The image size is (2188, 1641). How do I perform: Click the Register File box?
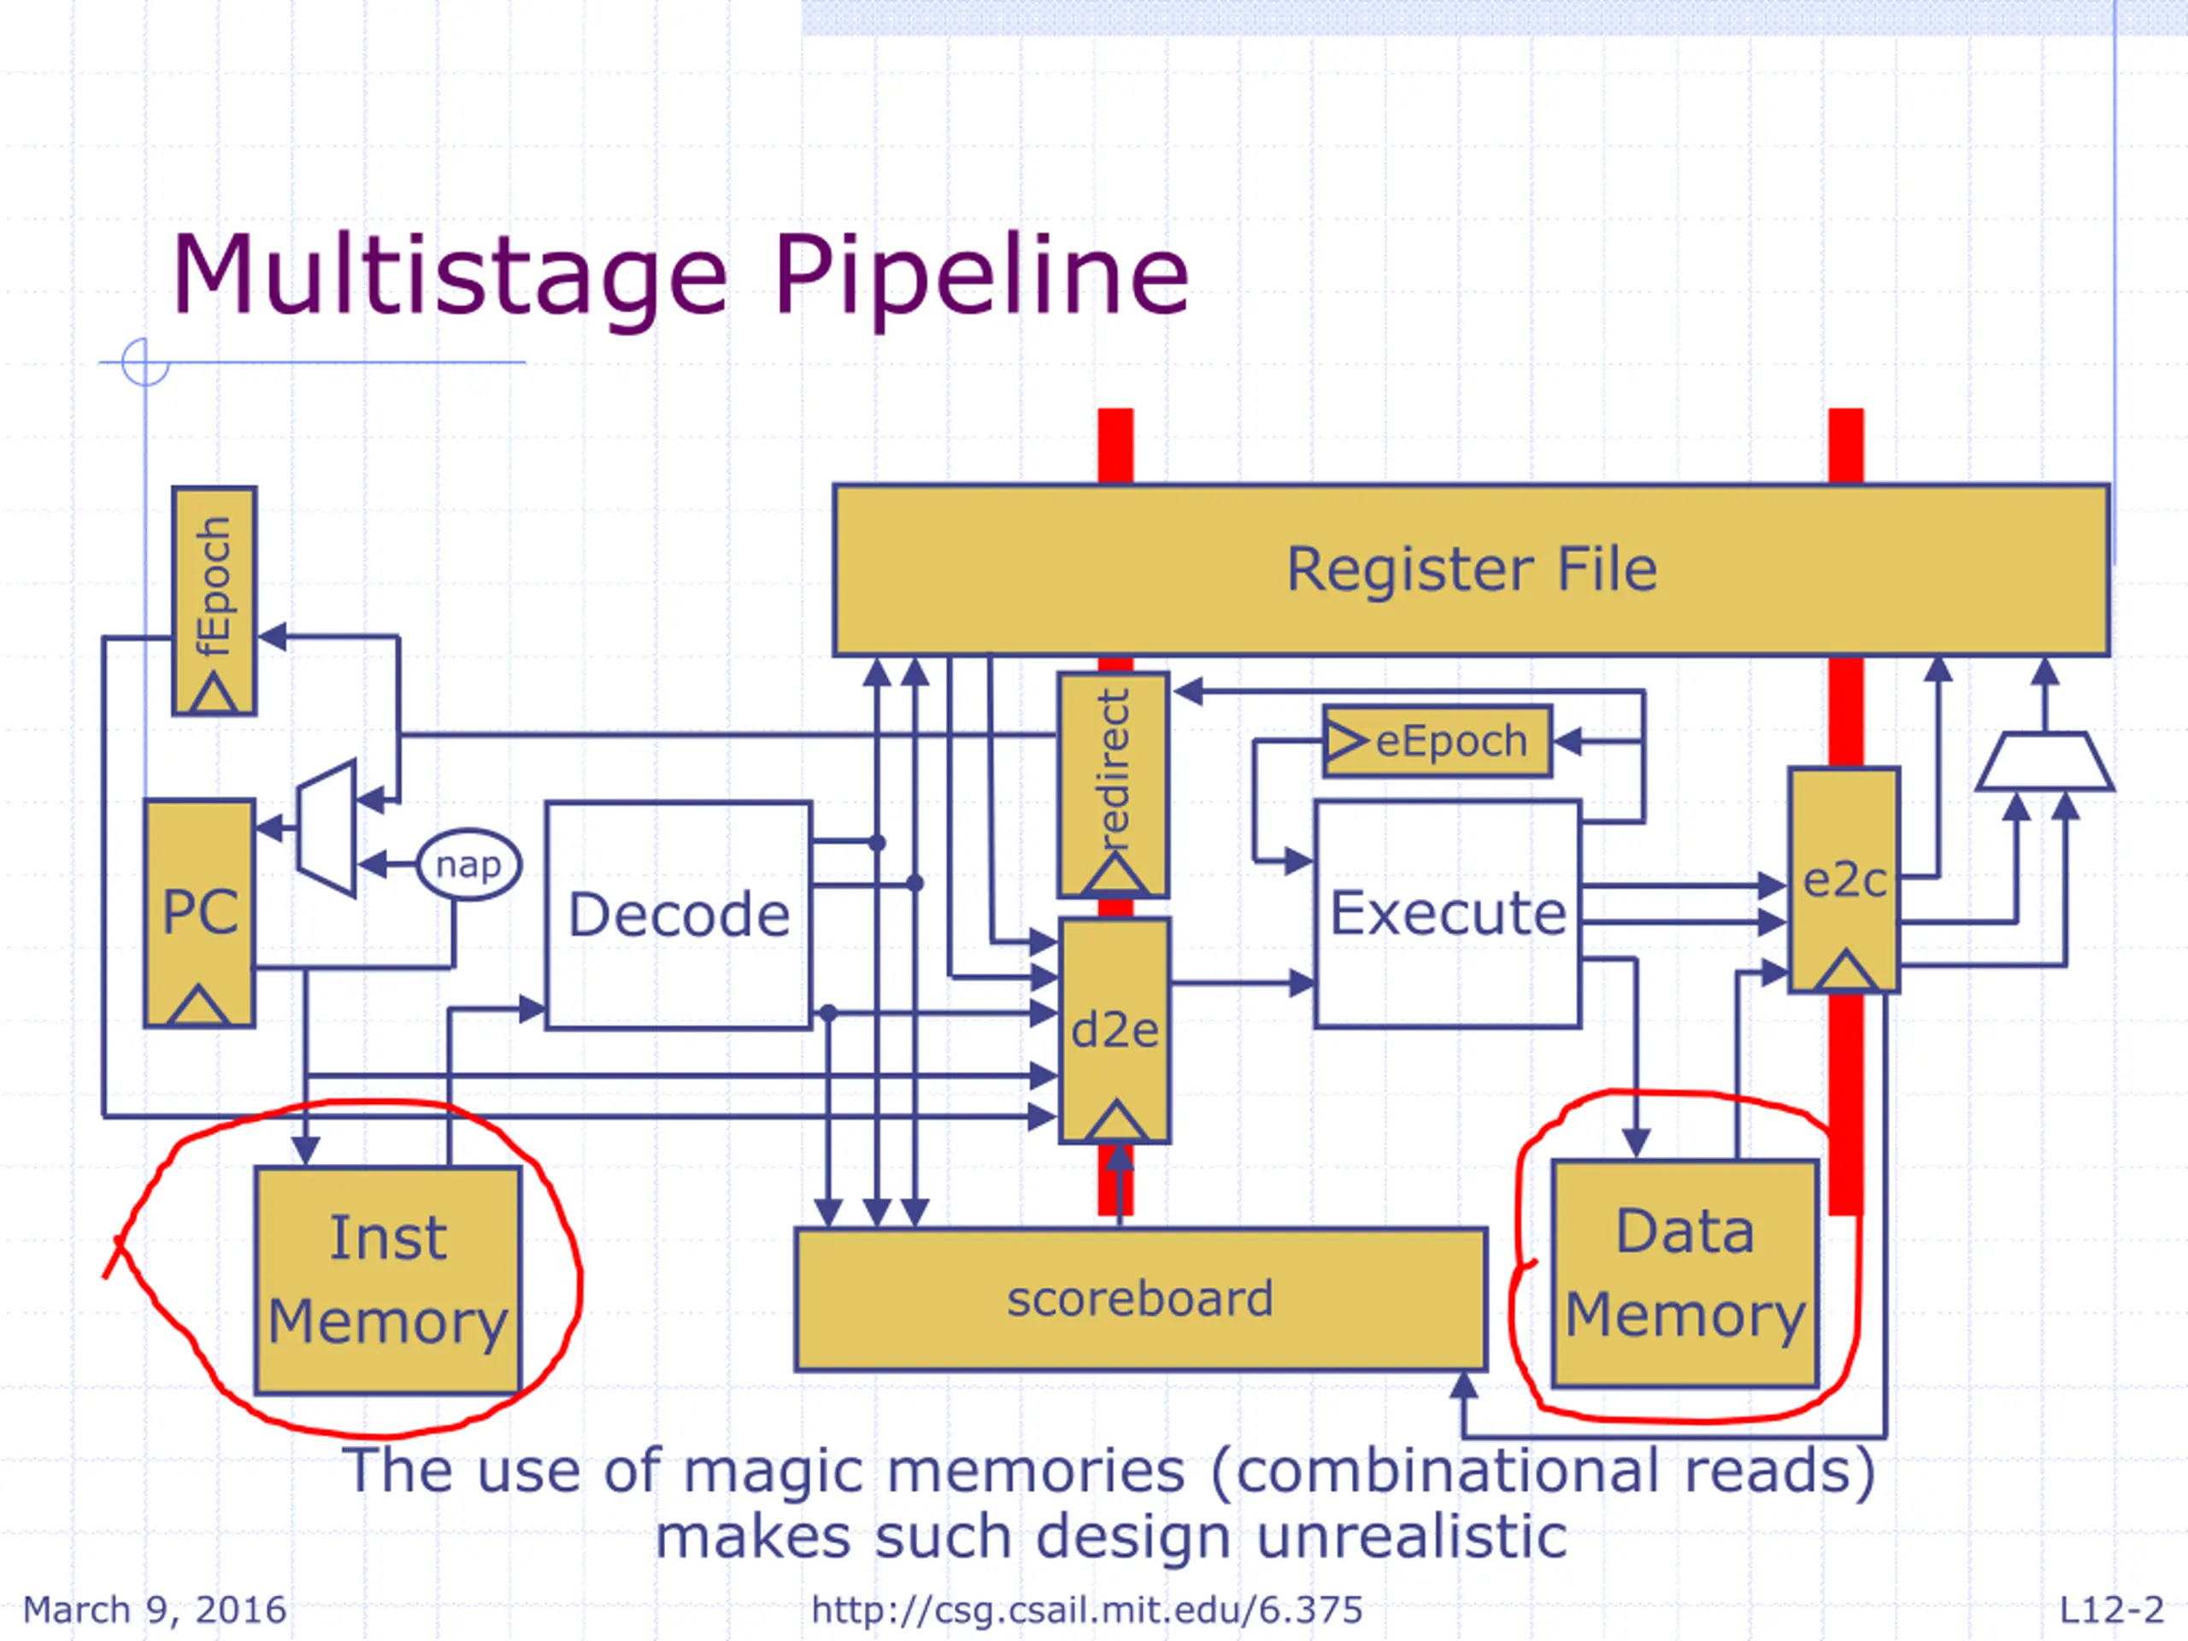1471,570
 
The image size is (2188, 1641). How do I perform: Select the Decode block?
679,915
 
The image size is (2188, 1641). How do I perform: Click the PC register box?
199,913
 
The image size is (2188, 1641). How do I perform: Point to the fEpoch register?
215,600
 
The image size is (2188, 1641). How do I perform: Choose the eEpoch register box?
1438,741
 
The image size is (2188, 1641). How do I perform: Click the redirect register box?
1114,785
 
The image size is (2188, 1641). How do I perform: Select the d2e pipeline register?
1115,1031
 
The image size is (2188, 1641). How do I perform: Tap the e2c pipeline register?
1844,879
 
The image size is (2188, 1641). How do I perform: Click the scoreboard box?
1140,1299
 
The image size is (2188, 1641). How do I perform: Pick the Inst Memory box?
388,1280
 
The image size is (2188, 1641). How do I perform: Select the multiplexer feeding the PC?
326,829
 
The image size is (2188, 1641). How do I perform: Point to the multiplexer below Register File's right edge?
2044,761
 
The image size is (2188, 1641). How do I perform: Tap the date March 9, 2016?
155,1610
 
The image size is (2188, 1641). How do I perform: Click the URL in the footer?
1087,1610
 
